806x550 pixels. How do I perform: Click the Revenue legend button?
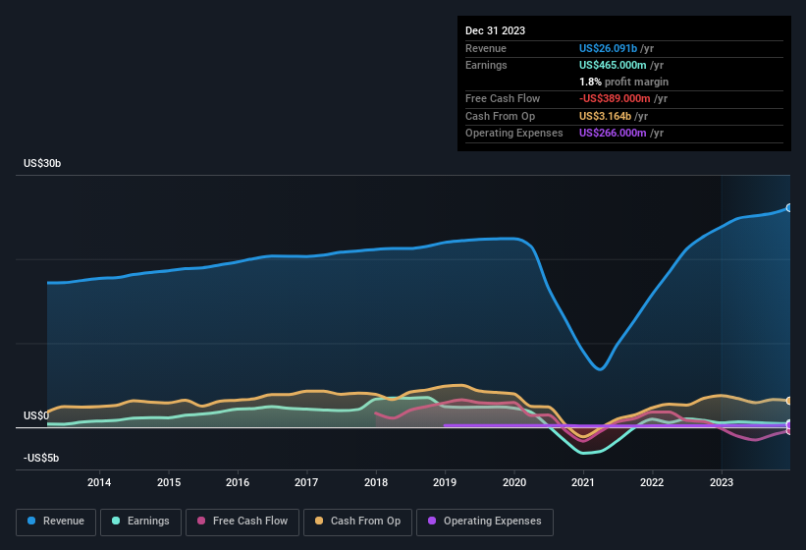56,521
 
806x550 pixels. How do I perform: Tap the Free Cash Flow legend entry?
242,521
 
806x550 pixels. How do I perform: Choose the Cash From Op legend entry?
357,521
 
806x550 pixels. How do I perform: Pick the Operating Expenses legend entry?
485,521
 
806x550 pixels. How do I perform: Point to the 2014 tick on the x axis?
99,481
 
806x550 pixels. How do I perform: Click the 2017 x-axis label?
306,481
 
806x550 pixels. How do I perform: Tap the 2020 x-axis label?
514,481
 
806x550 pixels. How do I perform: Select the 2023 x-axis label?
722,481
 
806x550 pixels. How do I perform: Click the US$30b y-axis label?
42,163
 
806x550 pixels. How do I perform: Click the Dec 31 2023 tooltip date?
495,30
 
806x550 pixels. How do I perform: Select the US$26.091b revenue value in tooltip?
608,48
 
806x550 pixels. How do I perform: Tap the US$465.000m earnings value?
613,65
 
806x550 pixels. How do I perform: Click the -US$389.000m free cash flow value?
614,98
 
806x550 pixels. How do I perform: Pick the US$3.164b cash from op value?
606,116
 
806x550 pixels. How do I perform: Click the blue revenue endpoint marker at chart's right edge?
788,207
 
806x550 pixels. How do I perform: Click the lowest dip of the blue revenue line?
601,369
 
